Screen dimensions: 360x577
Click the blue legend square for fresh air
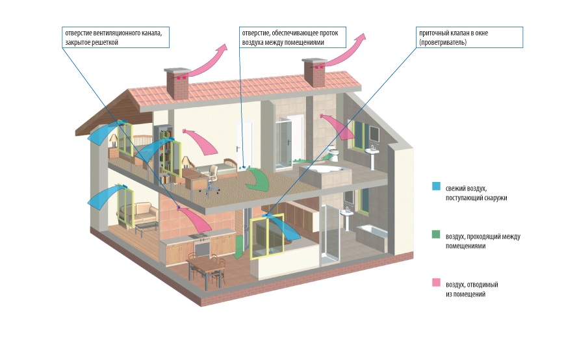437,186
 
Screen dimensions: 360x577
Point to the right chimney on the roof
314,71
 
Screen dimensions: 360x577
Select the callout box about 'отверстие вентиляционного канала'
116,37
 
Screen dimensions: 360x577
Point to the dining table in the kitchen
206,266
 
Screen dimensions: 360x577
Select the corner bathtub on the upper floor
323,172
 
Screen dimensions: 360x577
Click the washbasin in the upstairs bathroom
373,154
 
